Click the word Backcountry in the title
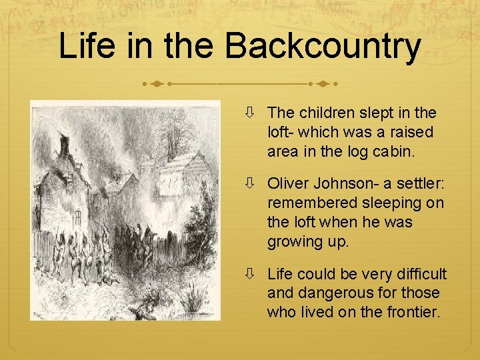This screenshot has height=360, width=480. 323,47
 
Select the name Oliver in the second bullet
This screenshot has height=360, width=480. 288,183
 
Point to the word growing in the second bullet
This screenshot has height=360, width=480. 294,241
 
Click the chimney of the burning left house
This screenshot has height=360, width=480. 65,147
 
